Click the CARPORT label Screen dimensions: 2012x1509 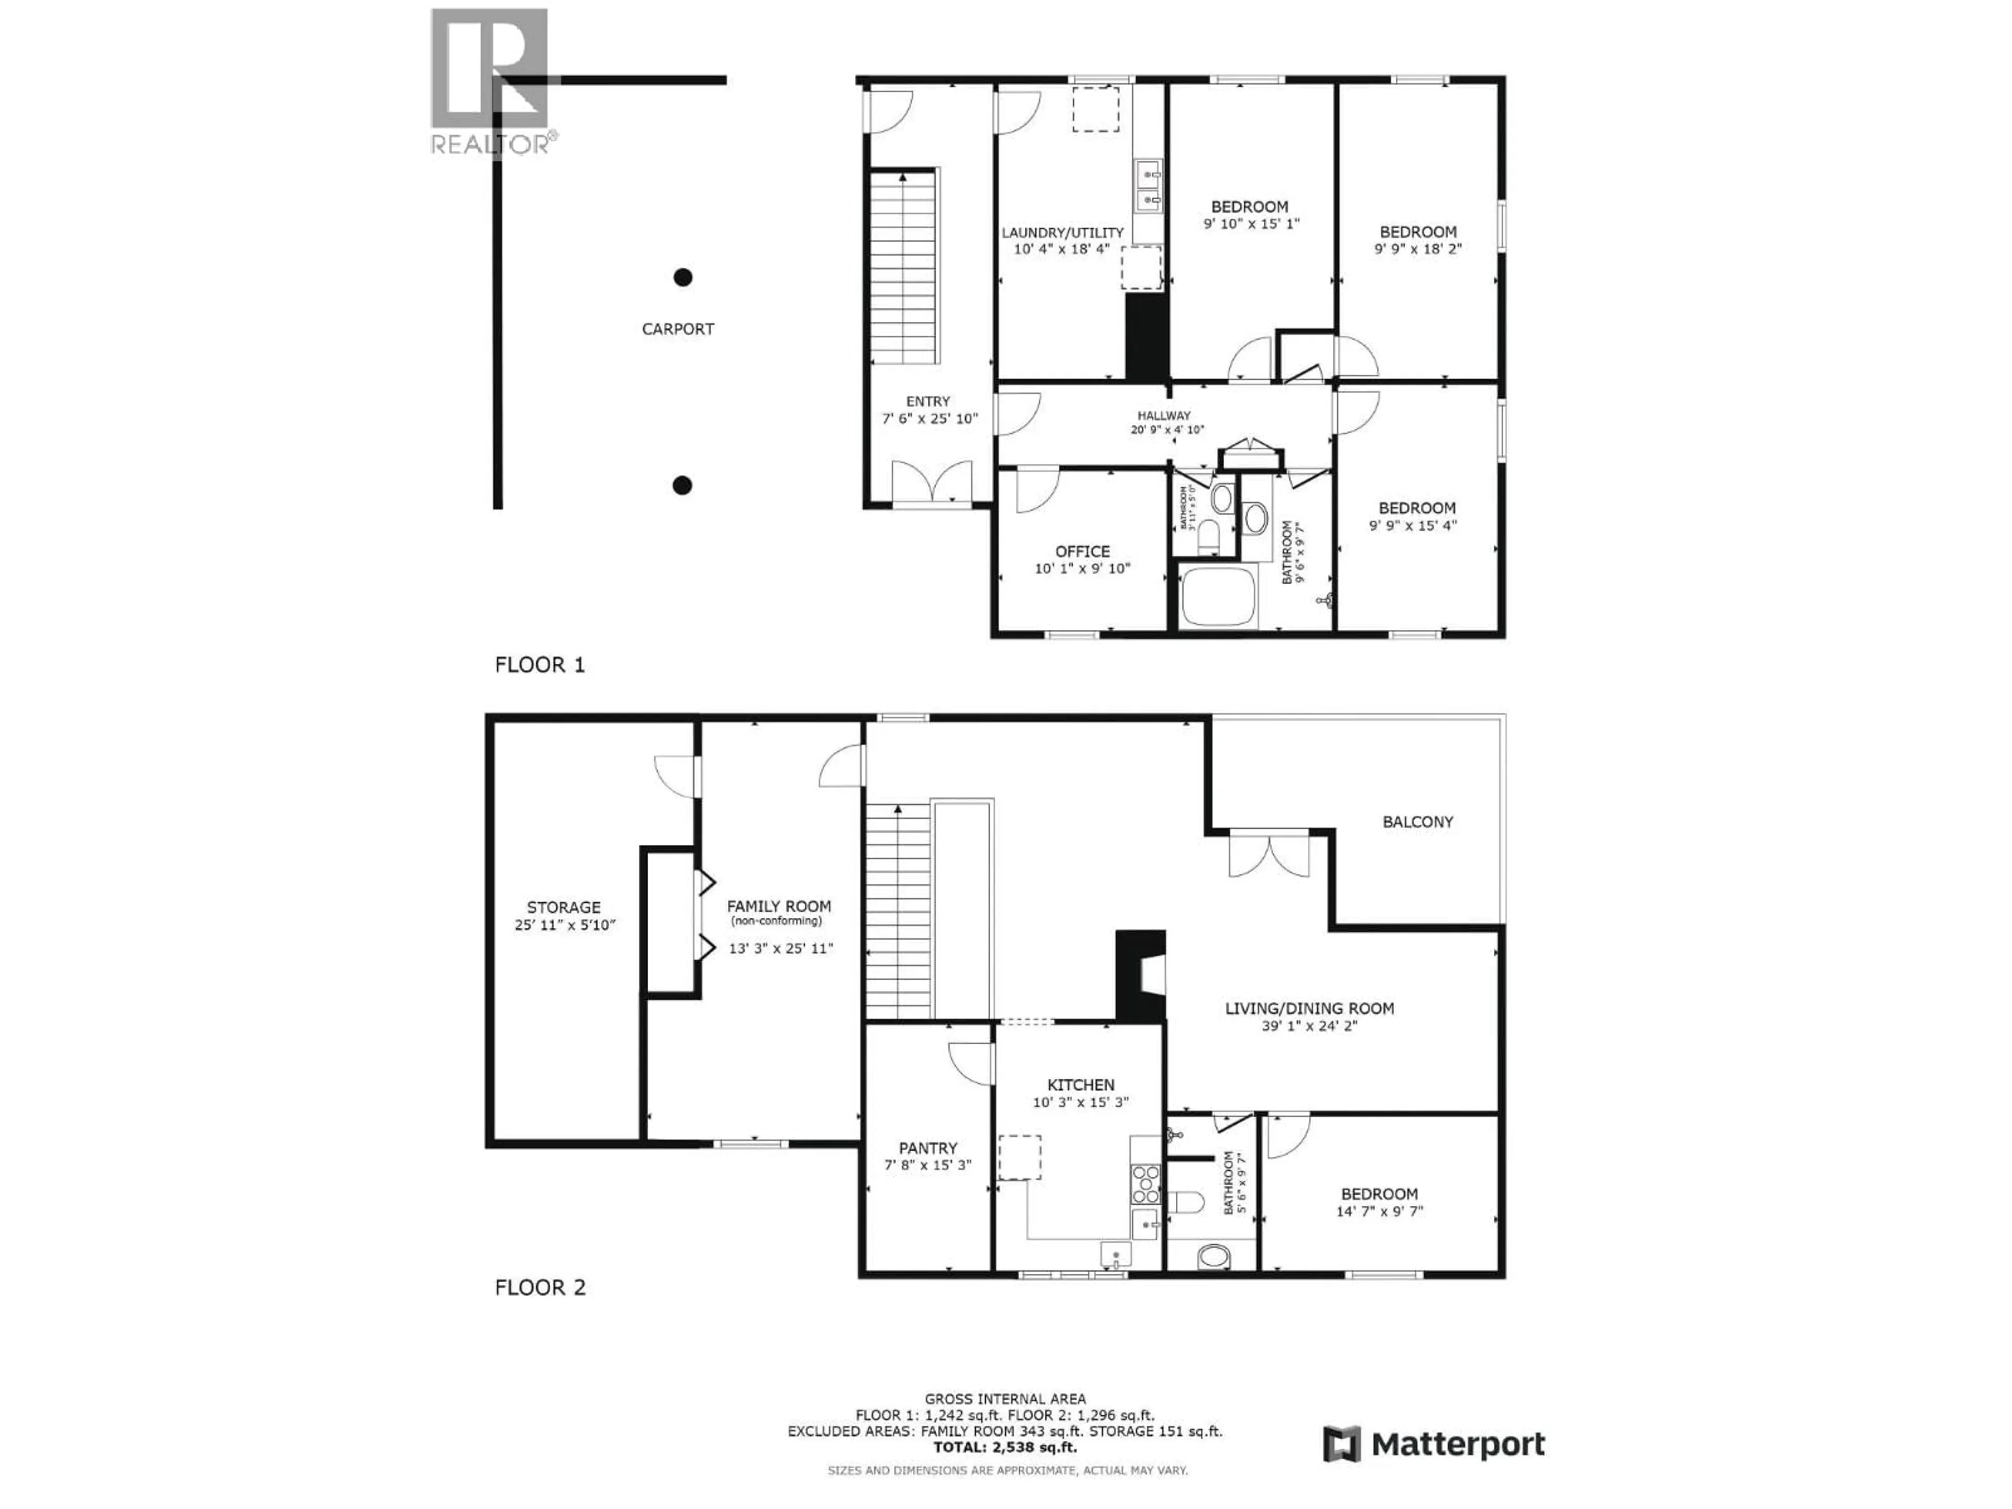(x=677, y=329)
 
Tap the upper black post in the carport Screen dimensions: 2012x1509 (x=682, y=277)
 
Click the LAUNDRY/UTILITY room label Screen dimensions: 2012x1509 (x=1063, y=233)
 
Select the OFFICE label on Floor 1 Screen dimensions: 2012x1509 (x=1082, y=551)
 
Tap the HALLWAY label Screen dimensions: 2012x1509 (x=1163, y=415)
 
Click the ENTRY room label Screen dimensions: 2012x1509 (x=928, y=401)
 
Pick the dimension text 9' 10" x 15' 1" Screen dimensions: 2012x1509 (x=1252, y=224)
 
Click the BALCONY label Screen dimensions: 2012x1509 (x=1418, y=822)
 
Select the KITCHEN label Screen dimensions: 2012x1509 (x=1080, y=1085)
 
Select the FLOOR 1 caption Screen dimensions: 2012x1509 (x=539, y=665)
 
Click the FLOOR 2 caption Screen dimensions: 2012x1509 (x=539, y=1287)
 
